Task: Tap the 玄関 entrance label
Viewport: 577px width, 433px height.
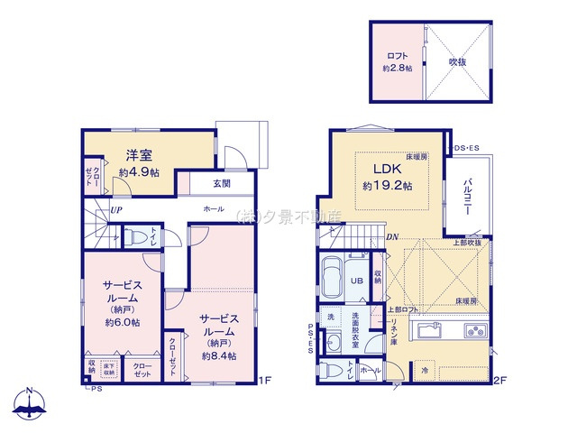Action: click(x=222, y=183)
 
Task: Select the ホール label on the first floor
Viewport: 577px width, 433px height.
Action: click(x=215, y=209)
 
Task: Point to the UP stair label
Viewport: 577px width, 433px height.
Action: click(x=116, y=211)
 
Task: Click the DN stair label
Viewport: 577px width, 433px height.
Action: click(x=393, y=237)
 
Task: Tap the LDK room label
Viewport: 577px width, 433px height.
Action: click(x=388, y=168)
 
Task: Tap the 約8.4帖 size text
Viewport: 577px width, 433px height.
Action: click(x=219, y=355)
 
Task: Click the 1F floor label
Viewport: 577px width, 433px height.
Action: click(x=265, y=381)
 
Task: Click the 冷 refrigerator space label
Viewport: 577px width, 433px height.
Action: click(x=424, y=370)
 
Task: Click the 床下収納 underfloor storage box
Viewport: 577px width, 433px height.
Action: click(x=108, y=368)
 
